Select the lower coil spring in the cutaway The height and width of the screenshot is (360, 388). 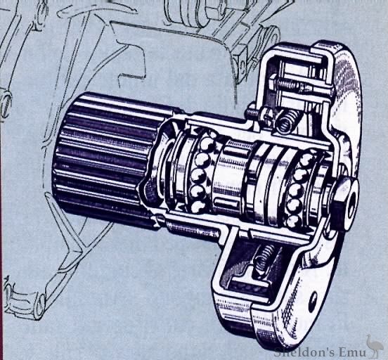click(x=261, y=262)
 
